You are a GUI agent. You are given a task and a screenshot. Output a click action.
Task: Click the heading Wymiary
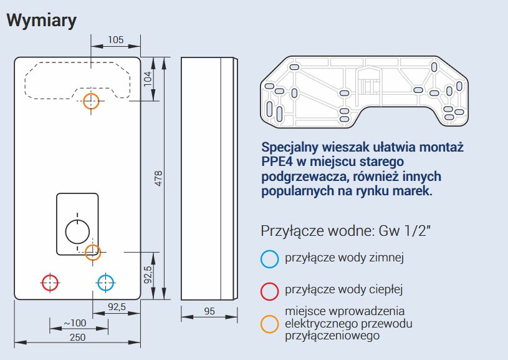point(42,21)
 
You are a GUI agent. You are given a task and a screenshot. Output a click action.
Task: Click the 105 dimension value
point(116,40)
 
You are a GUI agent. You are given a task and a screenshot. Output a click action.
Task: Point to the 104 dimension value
point(147,79)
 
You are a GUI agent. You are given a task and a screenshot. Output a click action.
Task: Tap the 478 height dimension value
point(158,178)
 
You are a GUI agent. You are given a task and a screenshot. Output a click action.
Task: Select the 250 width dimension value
point(78,338)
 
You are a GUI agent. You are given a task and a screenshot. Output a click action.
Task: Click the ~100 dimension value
point(75,323)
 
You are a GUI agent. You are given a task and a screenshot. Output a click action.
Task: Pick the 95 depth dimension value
point(209,311)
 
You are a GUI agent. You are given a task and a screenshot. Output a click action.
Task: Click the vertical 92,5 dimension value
point(148,275)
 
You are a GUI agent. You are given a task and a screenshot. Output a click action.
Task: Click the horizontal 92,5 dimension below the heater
point(117,306)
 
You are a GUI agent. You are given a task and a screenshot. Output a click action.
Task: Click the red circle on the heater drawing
point(42,283)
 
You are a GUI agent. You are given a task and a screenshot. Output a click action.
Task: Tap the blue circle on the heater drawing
point(98,283)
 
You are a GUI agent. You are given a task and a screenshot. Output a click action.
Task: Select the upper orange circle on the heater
point(84,101)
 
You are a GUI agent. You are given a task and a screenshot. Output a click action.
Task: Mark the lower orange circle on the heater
point(85,252)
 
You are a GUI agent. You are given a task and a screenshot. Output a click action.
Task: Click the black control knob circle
point(66,231)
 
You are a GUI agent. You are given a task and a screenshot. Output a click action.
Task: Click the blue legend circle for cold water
point(261,259)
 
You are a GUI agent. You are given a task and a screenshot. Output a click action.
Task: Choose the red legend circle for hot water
point(261,291)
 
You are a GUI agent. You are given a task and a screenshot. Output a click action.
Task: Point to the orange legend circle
point(261,324)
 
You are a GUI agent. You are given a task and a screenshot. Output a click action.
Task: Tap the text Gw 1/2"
point(405,231)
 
